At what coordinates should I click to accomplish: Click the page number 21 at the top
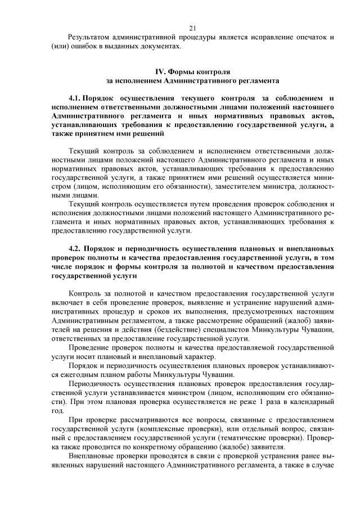[x=192, y=28]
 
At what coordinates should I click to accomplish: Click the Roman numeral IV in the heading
[x=160, y=72]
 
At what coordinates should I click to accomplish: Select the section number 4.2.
[x=75, y=248]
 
